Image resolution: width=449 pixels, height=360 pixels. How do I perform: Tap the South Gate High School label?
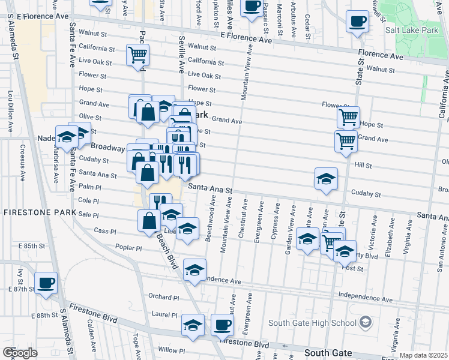[312, 323]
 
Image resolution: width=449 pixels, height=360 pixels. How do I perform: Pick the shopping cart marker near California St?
[138, 55]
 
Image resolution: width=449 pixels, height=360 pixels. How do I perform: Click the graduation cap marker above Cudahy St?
[326, 178]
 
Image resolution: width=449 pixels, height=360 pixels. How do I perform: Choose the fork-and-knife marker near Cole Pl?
[160, 202]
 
